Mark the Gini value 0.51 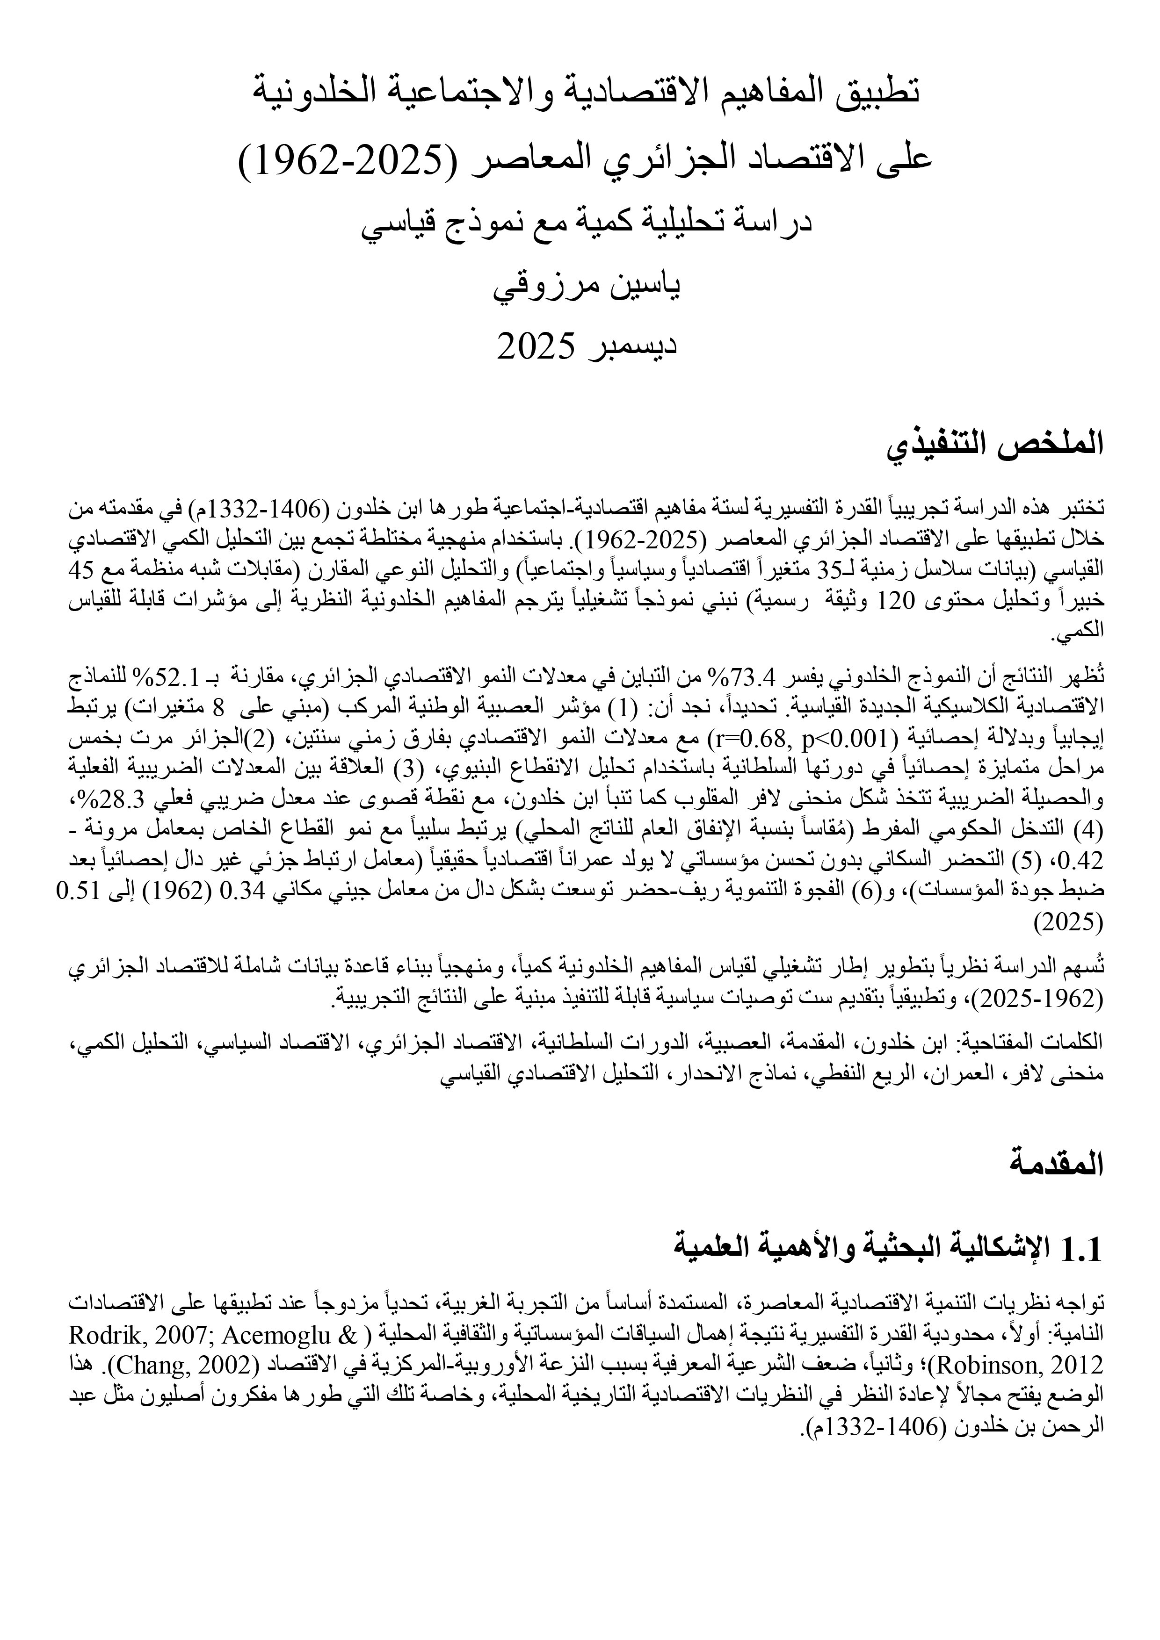pos(80,891)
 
